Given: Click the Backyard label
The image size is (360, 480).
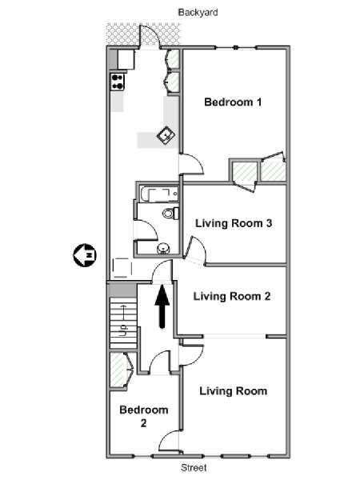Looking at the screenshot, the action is coord(198,13).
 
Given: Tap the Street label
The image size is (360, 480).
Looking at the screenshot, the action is coord(194,468).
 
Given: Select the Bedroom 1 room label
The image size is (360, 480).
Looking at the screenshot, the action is coord(233,102).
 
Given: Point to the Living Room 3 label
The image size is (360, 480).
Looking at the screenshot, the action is coord(234,223).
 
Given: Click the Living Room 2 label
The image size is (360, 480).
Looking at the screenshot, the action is coord(232,296).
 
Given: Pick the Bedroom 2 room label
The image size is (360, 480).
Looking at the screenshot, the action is coord(143,416).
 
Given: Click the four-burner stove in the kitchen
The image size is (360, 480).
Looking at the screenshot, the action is coord(118,82).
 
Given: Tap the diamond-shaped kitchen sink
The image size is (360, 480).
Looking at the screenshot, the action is coord(166,135).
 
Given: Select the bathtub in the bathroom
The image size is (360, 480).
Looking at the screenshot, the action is coord(159,194).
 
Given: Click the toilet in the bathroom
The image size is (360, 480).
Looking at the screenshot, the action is coord(171,213).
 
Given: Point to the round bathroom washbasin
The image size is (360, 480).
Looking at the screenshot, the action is coord(163,248).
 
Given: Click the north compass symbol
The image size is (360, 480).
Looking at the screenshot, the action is coord(85,255).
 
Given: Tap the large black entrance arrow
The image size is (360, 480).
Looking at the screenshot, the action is coord(162,306).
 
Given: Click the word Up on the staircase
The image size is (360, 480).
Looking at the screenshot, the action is coord(123,330).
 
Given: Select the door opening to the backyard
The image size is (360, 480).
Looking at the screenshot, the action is coord(150,36).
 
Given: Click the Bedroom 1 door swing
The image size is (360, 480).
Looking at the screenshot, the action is coord(191,164).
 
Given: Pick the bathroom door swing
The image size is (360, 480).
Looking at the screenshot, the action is coord(146,230).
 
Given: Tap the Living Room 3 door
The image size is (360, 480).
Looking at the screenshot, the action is coord(196,250).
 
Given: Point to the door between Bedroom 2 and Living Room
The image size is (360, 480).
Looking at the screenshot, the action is coord(169,440).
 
